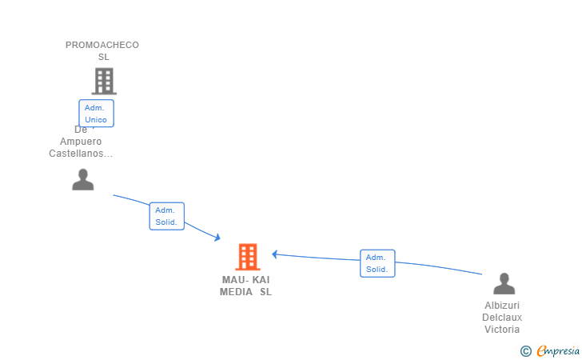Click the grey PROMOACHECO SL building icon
[x=104, y=81]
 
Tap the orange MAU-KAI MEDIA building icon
[x=248, y=257]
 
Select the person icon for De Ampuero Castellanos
[x=83, y=180]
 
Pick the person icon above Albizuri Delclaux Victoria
[x=504, y=284]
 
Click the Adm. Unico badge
[x=97, y=113]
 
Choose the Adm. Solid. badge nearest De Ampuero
[x=166, y=216]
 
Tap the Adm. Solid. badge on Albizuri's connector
[x=377, y=263]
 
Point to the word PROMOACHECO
[x=102, y=45]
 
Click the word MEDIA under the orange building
[x=236, y=292]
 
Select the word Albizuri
[x=502, y=305]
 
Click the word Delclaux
[x=502, y=317]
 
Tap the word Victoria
[x=502, y=329]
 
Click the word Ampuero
[x=81, y=142]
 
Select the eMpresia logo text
[x=558, y=350]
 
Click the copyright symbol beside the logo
[x=526, y=350]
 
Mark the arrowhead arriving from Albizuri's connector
[x=275, y=254]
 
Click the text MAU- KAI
[x=245, y=280]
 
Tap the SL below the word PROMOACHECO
[x=104, y=57]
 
